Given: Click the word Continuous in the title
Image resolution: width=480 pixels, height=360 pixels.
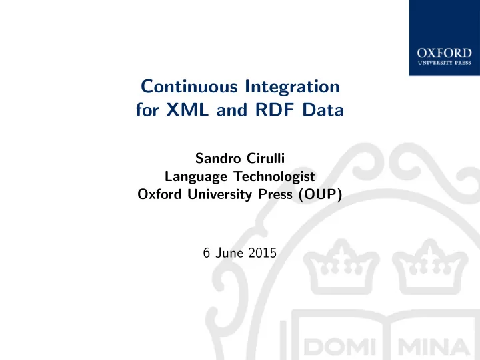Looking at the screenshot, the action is [x=189, y=87].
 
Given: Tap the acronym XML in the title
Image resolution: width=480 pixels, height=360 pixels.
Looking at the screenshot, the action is [x=187, y=110].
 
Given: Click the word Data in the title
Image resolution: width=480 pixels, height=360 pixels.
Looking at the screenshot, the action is [x=323, y=110].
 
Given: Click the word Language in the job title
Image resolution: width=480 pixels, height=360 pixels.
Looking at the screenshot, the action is [x=196, y=177].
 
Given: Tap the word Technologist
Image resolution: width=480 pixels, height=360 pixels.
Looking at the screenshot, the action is [x=275, y=177].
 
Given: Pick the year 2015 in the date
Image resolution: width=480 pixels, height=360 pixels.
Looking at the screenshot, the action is [x=263, y=253].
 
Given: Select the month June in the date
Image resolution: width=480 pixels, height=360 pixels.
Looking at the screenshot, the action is [x=229, y=253].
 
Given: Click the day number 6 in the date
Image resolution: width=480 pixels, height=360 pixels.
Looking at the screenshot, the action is [x=207, y=253].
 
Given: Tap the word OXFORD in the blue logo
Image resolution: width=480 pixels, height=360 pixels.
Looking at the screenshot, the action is [x=444, y=53].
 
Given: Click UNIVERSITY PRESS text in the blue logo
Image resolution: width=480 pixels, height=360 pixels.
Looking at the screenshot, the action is [x=444, y=63].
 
